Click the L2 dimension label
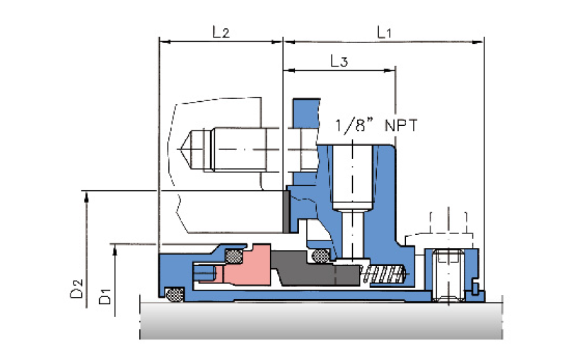pos(221,32)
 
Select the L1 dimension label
pos(384,32)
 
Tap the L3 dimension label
pos(339,61)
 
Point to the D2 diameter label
pos(76,289)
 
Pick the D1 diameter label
pos(105,296)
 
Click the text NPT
pos(401,126)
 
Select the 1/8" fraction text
pos(354,125)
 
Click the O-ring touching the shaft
pos(175,294)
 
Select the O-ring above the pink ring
pos(233,256)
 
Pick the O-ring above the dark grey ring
pos(320,255)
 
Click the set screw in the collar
pos(448,275)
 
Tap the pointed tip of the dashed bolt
pos(178,149)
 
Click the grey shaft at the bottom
pos(321,320)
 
